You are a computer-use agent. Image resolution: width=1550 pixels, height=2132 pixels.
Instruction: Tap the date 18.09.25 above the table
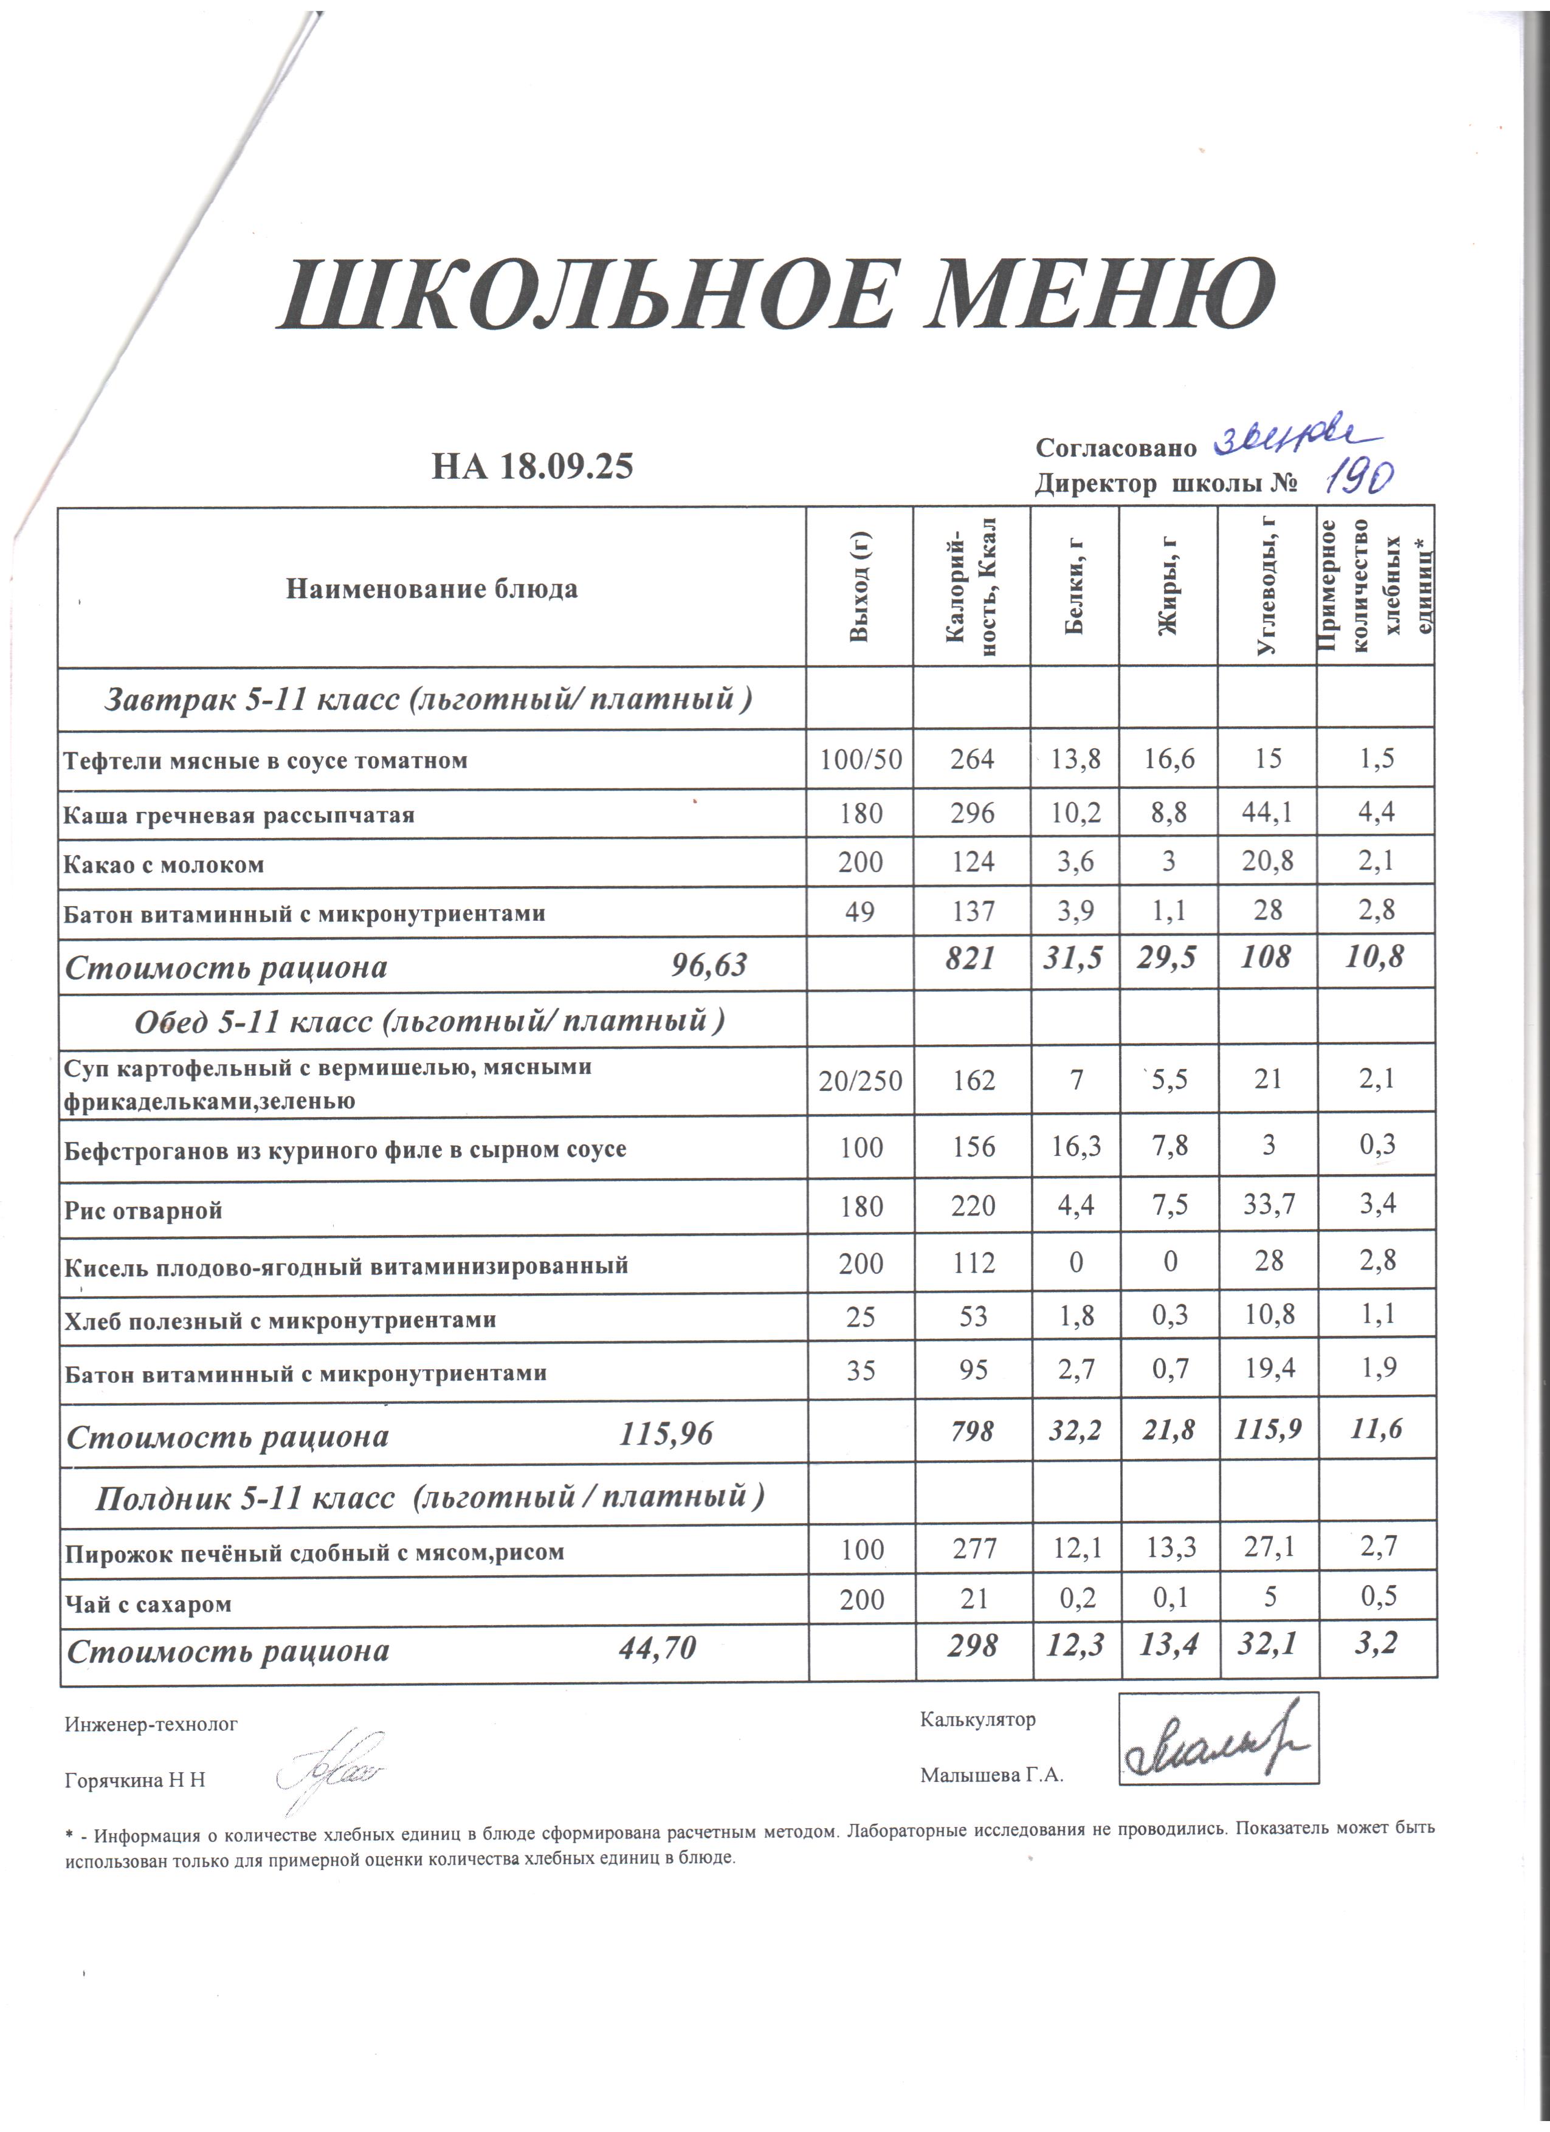(566, 466)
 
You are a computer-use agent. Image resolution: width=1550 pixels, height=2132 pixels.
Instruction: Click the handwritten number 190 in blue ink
(1359, 480)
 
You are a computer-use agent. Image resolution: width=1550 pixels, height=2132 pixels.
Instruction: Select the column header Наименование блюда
(432, 590)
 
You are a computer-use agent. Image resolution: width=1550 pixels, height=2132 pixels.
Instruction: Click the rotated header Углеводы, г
(1267, 588)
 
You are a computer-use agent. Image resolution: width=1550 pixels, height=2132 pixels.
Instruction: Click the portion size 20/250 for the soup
(860, 1081)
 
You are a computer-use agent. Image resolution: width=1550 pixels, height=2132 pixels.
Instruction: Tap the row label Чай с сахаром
(148, 1604)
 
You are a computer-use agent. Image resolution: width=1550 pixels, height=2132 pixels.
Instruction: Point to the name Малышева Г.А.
(991, 1775)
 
